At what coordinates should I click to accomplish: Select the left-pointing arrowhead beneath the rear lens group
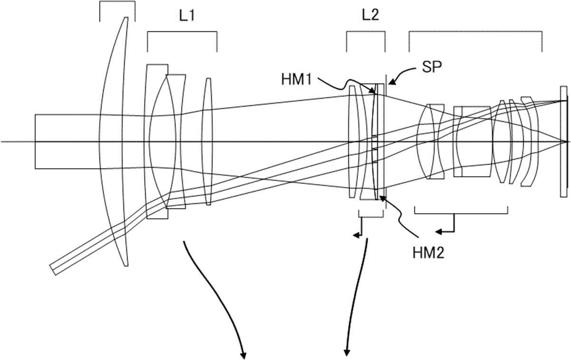coord(439,231)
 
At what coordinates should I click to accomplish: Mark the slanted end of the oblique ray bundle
coord(53,268)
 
